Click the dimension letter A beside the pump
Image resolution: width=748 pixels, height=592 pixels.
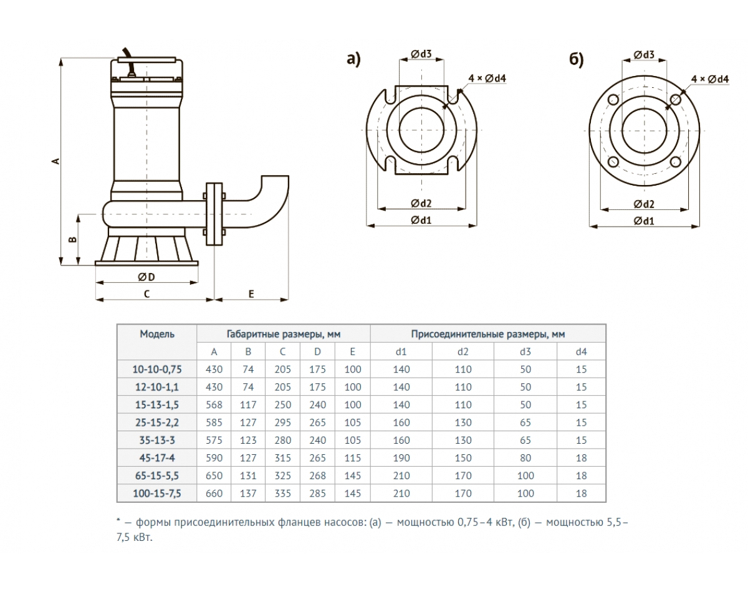[x=55, y=161]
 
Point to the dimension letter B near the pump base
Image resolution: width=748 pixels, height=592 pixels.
[x=73, y=240]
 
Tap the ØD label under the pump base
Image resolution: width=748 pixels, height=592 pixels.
[x=146, y=276]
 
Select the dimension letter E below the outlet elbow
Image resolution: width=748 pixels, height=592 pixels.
[x=251, y=294]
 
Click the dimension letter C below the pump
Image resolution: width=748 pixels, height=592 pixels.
[x=146, y=294]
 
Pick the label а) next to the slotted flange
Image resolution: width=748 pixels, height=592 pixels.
[x=353, y=60]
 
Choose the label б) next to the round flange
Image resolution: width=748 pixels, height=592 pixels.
[x=577, y=60]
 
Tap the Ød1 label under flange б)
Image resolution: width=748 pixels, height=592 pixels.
[x=645, y=221]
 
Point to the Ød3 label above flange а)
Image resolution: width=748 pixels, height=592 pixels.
[x=421, y=55]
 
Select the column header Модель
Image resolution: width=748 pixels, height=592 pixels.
[x=157, y=334]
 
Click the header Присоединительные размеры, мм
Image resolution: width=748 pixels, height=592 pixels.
[x=487, y=334]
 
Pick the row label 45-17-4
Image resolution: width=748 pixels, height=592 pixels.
[x=157, y=458]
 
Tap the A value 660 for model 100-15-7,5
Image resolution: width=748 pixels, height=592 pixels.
[x=214, y=494]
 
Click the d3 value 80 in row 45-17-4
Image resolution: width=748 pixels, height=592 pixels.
[x=525, y=458]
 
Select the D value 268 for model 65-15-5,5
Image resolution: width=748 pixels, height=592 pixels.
[x=318, y=475]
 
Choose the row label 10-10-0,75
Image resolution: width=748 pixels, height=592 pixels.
[x=157, y=369]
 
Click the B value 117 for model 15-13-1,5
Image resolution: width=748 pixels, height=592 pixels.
[x=248, y=404]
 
